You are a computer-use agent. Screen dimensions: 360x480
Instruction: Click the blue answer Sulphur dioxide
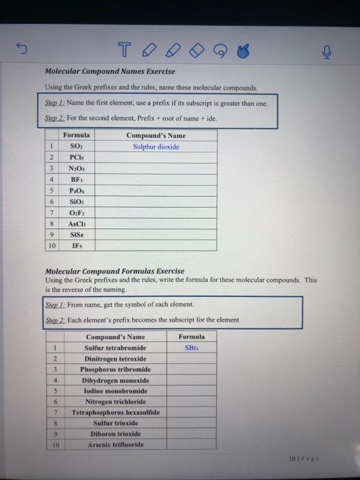[156, 147]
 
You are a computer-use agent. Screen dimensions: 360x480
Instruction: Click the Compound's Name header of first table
[156, 136]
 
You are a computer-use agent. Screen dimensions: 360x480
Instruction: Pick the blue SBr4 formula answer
[191, 348]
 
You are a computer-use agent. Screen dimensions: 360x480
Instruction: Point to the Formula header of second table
[191, 337]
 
